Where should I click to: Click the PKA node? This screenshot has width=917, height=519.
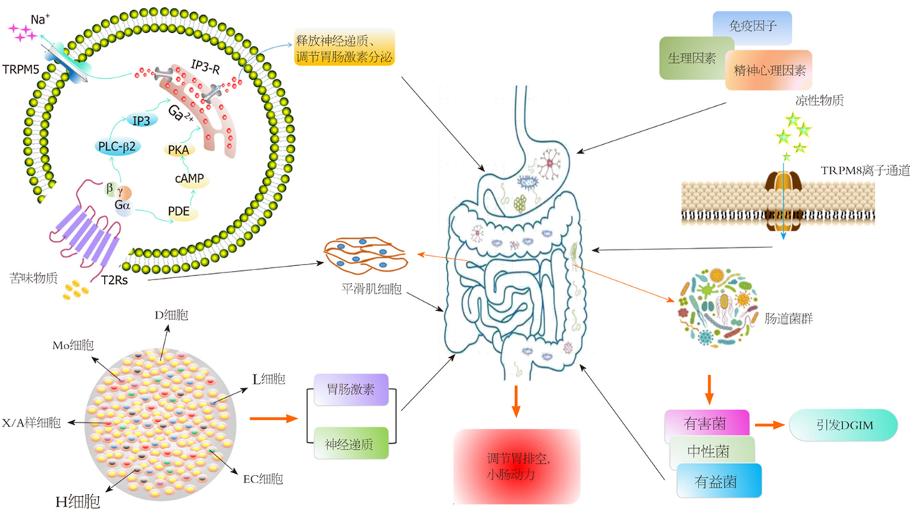(176, 149)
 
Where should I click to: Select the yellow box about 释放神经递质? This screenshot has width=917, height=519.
(344, 47)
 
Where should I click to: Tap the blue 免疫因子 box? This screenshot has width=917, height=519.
(752, 27)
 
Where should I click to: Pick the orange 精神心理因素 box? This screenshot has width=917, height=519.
(769, 70)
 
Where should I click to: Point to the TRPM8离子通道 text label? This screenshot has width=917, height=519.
(865, 171)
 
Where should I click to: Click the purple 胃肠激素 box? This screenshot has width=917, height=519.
(351, 391)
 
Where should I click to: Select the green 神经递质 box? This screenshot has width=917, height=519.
(351, 444)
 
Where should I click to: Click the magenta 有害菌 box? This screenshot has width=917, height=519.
(706, 424)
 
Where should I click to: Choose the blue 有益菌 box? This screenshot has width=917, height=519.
(718, 481)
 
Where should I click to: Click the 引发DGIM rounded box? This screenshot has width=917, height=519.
(842, 425)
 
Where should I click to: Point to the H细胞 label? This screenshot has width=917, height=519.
(78, 501)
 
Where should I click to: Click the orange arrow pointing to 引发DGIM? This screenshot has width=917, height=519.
(768, 425)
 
